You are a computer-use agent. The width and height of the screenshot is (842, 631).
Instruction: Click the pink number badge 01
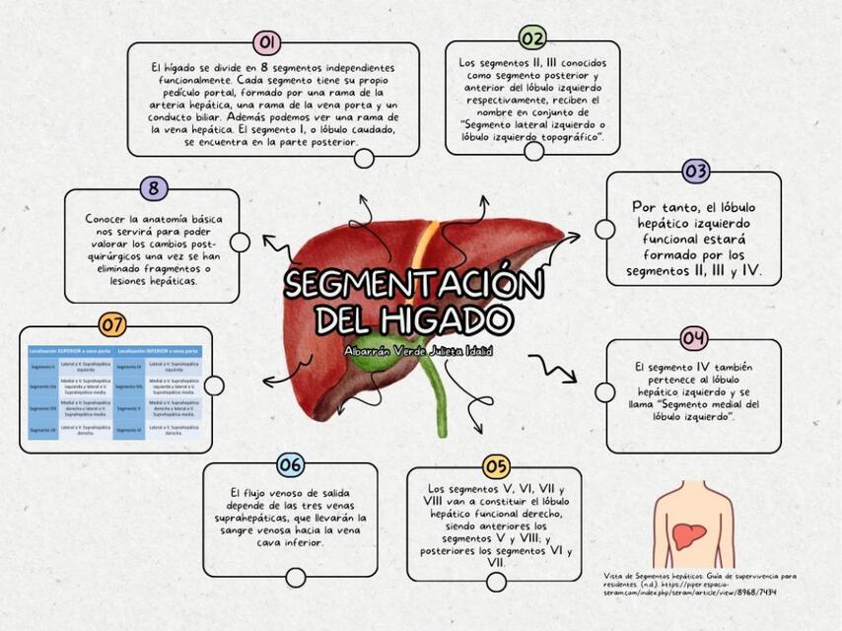click(266, 42)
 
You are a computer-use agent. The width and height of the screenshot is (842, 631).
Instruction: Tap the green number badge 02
click(532, 38)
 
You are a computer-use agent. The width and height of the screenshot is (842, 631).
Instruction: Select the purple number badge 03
click(696, 171)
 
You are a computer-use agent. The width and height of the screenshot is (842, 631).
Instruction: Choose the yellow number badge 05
click(496, 466)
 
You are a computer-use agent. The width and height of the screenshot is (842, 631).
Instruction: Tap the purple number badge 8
click(154, 188)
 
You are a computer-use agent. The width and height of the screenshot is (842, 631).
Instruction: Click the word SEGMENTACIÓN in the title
click(414, 286)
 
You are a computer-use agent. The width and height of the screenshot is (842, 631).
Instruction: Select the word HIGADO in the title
click(449, 318)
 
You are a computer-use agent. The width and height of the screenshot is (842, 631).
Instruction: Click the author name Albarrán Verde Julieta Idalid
click(418, 350)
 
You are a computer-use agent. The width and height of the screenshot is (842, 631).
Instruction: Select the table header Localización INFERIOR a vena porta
click(159, 350)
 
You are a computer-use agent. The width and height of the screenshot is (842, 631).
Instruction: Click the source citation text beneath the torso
click(700, 583)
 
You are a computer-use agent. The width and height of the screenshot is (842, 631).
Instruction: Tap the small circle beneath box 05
click(496, 582)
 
